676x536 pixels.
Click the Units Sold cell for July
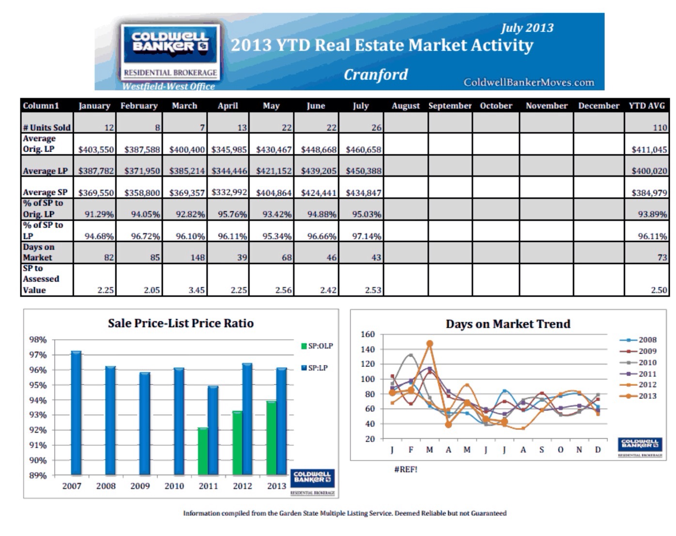(361, 123)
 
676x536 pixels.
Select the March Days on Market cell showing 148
(185, 253)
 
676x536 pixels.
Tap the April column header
(228, 106)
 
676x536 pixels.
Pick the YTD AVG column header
(646, 106)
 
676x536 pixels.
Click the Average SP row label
(46, 192)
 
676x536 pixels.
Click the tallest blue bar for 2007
(76, 412)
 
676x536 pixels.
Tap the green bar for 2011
(203, 451)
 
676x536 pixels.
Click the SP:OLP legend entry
(317, 346)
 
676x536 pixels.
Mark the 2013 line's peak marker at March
(429, 344)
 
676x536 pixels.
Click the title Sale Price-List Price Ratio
(181, 323)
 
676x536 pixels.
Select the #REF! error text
(406, 469)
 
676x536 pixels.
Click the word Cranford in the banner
(376, 75)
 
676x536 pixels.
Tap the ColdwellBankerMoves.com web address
(529, 82)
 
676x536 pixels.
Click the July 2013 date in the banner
(527, 28)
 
